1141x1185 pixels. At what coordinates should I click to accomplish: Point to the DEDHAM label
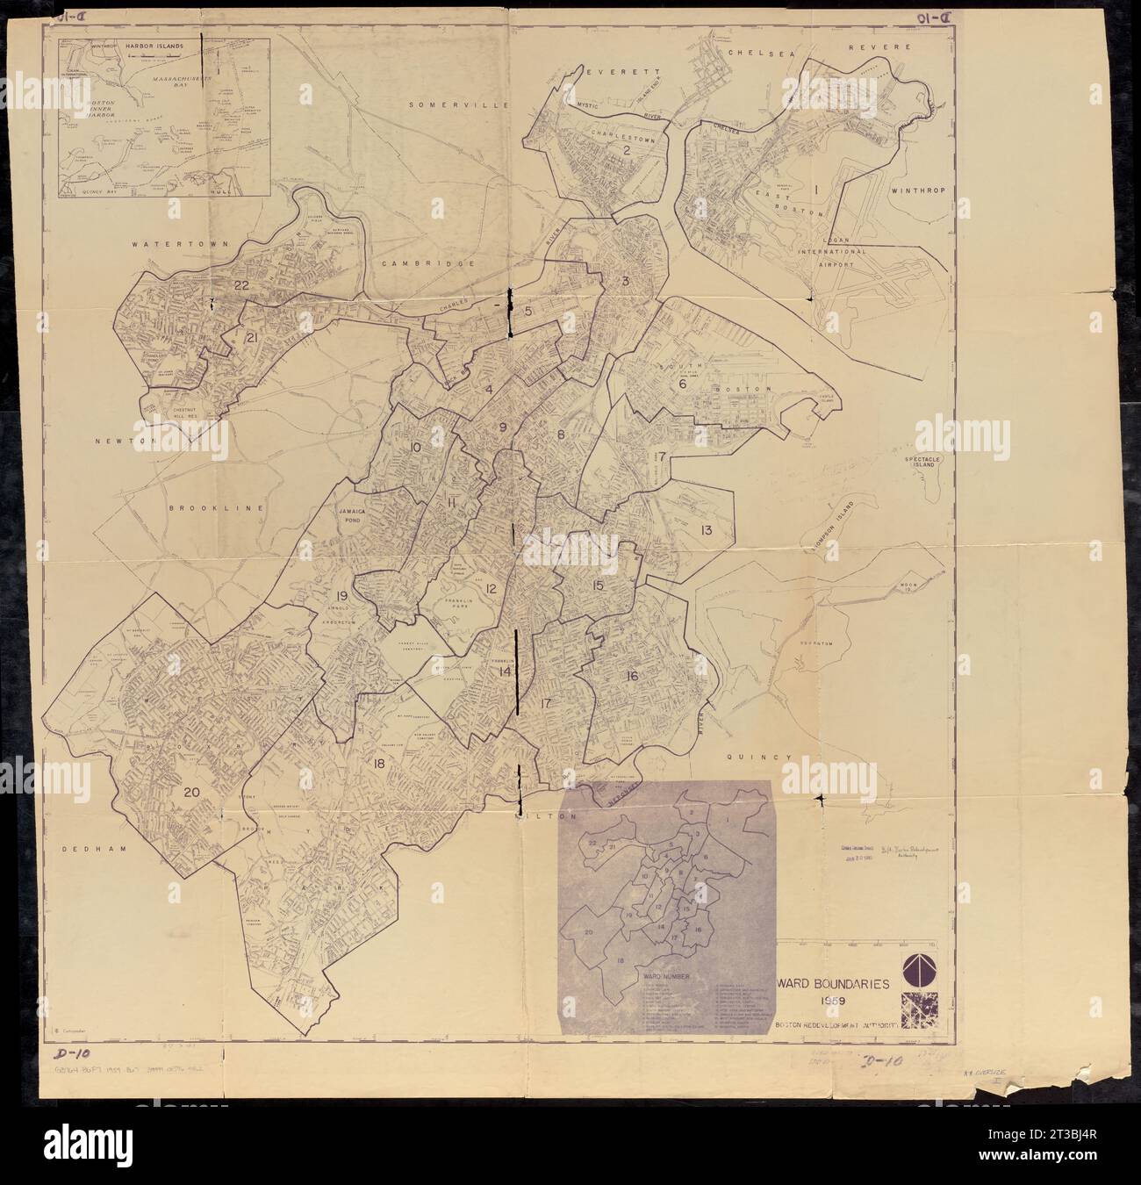coord(91,849)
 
